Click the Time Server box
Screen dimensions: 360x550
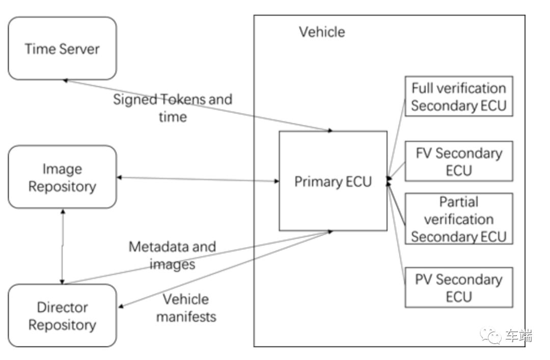[x=62, y=49]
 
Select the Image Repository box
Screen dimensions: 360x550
[x=62, y=177]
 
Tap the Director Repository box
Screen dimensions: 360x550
[x=62, y=316]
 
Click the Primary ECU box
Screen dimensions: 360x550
[x=333, y=181]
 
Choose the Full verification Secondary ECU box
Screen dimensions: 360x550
[x=458, y=97]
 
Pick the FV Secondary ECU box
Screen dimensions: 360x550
[x=458, y=161]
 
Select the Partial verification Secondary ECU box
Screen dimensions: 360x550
[x=458, y=219]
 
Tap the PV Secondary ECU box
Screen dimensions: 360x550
[x=458, y=287]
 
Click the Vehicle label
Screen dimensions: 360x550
[x=322, y=32]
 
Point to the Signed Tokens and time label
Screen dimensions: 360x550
[x=172, y=107]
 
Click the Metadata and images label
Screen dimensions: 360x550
[x=172, y=255]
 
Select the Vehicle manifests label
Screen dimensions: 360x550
[x=186, y=308]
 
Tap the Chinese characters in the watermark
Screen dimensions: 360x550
[x=518, y=336]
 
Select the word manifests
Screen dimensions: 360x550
[x=186, y=316]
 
